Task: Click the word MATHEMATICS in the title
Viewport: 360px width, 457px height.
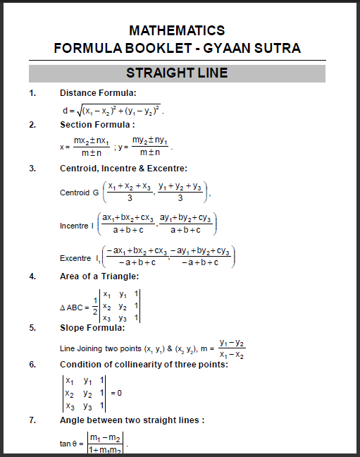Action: (x=177, y=30)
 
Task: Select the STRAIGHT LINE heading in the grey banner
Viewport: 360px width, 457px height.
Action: (x=177, y=73)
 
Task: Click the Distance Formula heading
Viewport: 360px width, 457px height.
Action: (x=98, y=93)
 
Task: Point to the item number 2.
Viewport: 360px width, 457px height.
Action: (x=32, y=125)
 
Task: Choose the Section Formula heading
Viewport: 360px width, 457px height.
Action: (x=97, y=125)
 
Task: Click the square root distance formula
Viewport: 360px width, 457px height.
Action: (x=113, y=110)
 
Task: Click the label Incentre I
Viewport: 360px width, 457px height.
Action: (x=76, y=226)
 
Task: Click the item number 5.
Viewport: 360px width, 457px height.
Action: (x=32, y=328)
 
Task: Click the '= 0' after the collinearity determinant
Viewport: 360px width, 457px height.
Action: (x=116, y=393)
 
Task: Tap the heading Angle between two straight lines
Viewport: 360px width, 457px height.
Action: (x=132, y=420)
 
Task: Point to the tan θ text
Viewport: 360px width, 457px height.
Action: (x=70, y=444)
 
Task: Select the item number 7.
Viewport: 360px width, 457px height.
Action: (x=32, y=420)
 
